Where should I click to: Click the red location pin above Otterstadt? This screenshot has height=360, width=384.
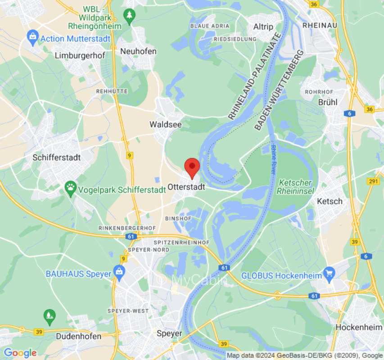192,167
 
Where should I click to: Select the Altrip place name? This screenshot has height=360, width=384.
263,27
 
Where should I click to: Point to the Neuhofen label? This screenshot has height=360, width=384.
138,51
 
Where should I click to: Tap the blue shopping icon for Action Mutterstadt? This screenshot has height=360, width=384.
32,37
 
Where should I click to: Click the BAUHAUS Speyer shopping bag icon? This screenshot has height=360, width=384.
119,272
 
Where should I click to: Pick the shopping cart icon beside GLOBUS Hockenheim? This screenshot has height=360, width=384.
330,273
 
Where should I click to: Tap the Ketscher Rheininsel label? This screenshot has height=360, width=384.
295,187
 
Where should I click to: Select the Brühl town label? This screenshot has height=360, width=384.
327,102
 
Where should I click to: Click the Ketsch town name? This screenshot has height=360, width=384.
330,201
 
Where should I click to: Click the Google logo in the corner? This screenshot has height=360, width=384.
20,353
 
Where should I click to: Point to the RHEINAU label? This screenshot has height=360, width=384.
320,25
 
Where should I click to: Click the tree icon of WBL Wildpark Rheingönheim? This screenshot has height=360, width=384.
129,15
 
